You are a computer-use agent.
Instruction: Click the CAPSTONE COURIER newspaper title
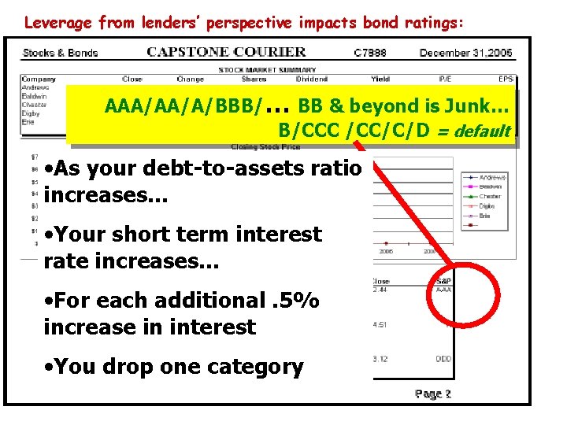coord(226,52)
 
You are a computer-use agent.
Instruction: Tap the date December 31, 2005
coord(466,53)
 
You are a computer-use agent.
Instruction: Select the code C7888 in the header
coord(369,53)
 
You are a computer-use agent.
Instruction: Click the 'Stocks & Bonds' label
coord(60,53)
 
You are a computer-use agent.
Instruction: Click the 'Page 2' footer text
coord(433,394)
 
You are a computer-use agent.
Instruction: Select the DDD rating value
coord(443,360)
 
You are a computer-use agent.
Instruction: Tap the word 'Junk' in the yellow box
coord(479,105)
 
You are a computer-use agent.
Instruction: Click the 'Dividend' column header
coord(311,79)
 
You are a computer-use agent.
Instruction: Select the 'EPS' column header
coord(506,79)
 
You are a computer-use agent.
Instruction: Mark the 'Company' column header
coord(39,79)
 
